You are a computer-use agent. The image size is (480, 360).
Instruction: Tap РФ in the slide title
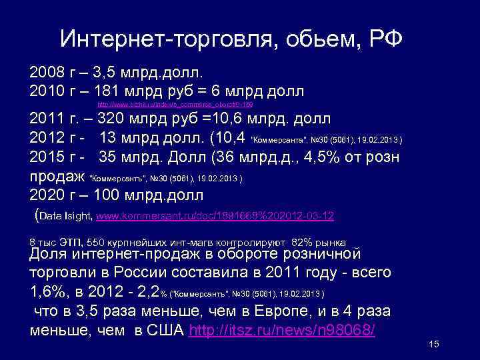[385, 39]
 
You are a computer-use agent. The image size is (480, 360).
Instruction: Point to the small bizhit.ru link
[175, 105]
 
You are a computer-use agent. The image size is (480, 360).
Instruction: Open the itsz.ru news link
[283, 330]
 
